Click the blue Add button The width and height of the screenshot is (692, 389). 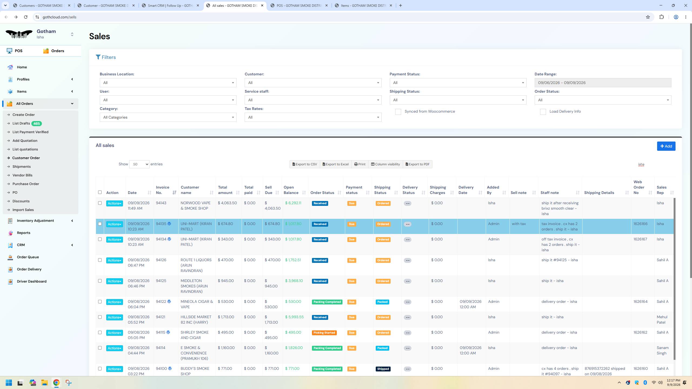(666, 146)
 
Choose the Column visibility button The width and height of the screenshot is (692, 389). (385, 164)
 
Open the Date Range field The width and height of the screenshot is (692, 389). (603, 83)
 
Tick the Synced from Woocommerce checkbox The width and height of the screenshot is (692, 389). (398, 112)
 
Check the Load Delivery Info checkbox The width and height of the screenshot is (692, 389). (543, 112)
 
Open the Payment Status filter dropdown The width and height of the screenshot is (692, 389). (458, 83)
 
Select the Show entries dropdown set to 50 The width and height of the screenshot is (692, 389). (139, 164)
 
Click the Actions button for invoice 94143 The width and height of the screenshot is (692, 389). (114, 203)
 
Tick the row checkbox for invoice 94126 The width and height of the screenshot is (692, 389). (100, 260)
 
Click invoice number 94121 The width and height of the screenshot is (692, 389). (161, 317)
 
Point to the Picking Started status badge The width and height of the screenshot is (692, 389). (324, 333)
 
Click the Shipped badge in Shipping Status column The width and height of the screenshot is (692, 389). (383, 369)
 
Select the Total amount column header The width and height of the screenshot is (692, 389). (225, 190)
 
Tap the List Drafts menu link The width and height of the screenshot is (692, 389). (21, 123)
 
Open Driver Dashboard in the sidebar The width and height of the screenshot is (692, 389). (32, 281)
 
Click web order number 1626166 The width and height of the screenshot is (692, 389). (640, 224)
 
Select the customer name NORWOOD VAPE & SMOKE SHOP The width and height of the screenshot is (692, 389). (195, 206)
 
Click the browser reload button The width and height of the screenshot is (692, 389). (26, 17)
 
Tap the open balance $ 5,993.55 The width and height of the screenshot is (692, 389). (294, 317)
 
